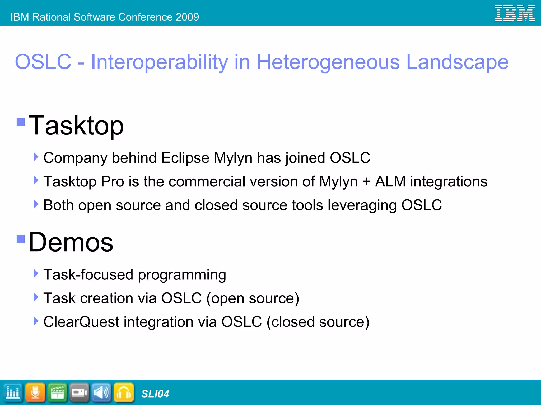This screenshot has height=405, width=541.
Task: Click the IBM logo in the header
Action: point(514,13)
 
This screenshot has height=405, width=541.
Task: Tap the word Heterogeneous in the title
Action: point(328,62)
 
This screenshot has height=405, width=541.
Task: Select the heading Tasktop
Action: point(76,126)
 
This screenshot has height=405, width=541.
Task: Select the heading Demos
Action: point(71,242)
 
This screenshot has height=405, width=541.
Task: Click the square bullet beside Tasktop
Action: point(21,122)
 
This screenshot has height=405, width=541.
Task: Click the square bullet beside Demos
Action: point(21,239)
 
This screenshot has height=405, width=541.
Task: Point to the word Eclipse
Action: point(185,158)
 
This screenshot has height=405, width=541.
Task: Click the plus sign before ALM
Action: point(366,182)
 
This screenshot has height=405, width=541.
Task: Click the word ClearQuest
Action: point(81,322)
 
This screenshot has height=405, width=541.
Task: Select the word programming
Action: point(182,275)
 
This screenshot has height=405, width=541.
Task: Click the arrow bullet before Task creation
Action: point(36,297)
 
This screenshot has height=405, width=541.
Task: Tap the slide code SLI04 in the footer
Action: point(155,394)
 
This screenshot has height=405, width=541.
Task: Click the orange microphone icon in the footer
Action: point(35,393)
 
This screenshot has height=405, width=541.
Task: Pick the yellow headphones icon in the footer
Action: point(124,393)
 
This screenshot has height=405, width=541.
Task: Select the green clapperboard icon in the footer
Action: point(57,393)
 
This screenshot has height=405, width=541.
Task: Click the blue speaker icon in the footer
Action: point(101,393)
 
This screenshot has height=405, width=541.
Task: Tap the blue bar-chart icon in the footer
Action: point(13,393)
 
